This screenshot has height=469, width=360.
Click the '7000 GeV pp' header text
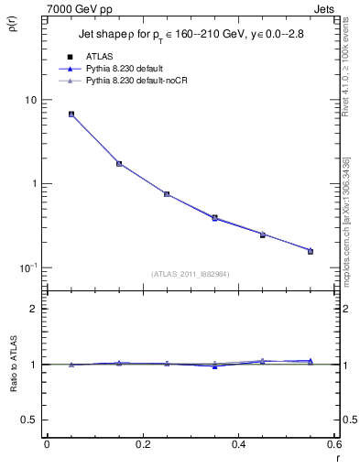point(73,8)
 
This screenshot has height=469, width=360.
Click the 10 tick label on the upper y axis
point(29,100)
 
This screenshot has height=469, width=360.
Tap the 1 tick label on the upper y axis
point(33,183)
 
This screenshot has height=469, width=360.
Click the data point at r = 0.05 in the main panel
point(71,115)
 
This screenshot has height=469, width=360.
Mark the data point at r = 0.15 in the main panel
point(119,163)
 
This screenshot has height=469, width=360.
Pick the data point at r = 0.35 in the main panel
point(214,218)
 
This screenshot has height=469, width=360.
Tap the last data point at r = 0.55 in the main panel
point(311,250)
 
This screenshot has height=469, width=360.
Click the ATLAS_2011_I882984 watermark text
point(190,274)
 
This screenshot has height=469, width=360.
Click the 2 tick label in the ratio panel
point(33,309)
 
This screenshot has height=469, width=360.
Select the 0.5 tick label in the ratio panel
point(28,420)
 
